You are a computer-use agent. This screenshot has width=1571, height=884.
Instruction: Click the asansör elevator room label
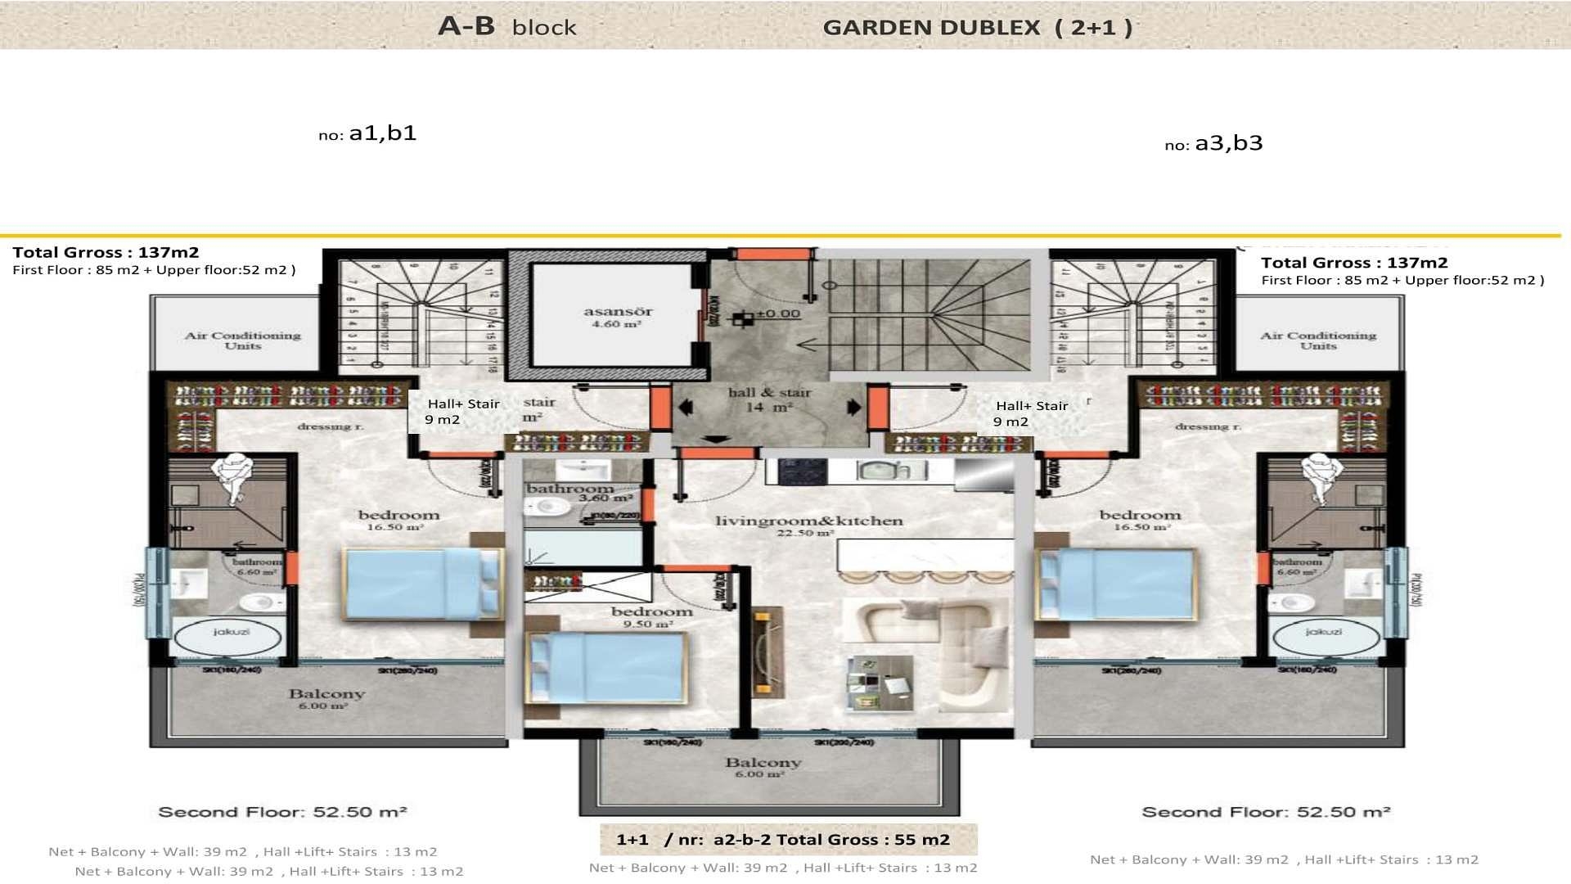[618, 317]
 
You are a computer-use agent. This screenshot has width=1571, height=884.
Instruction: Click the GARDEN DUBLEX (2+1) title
[977, 27]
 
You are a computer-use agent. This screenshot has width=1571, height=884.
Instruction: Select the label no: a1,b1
[367, 133]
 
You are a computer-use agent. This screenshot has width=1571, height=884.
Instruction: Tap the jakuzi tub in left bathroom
[231, 638]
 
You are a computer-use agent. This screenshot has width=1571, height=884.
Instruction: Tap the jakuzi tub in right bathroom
[1323, 638]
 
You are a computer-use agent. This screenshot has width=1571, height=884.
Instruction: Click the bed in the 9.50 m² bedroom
[606, 667]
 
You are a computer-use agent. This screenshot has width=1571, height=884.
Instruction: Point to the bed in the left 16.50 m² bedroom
[421, 583]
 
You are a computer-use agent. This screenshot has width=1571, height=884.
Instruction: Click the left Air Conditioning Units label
[242, 341]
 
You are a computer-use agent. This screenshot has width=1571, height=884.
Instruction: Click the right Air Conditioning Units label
[1317, 341]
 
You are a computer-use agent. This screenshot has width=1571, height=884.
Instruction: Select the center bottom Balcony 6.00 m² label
[763, 766]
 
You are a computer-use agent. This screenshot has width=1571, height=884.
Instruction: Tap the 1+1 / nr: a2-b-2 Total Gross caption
[783, 839]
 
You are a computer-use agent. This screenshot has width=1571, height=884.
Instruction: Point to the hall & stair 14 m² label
[769, 399]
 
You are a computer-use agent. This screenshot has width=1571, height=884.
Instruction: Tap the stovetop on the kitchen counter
[795, 471]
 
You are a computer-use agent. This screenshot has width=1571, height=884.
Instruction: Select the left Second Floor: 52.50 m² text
[282, 812]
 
